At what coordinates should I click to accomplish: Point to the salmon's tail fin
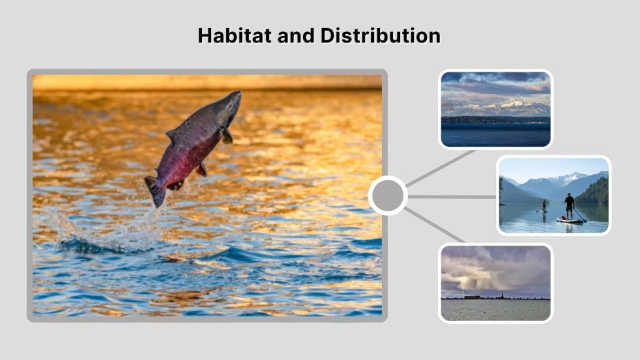point(154,191)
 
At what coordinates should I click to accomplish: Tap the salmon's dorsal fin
point(171,136)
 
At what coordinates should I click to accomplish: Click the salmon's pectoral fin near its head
point(226,136)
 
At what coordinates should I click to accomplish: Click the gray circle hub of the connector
point(387,196)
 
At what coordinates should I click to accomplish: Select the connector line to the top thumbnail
point(441,168)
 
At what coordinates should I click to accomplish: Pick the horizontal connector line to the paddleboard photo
point(451,196)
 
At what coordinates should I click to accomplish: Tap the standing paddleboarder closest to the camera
point(569,206)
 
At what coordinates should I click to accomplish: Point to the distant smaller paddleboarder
point(544,206)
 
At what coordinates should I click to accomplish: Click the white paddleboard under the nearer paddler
point(569,220)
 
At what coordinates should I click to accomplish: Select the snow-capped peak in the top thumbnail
point(514,105)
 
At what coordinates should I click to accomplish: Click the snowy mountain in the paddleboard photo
point(566,179)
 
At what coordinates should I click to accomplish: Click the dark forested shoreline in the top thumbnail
point(494,120)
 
